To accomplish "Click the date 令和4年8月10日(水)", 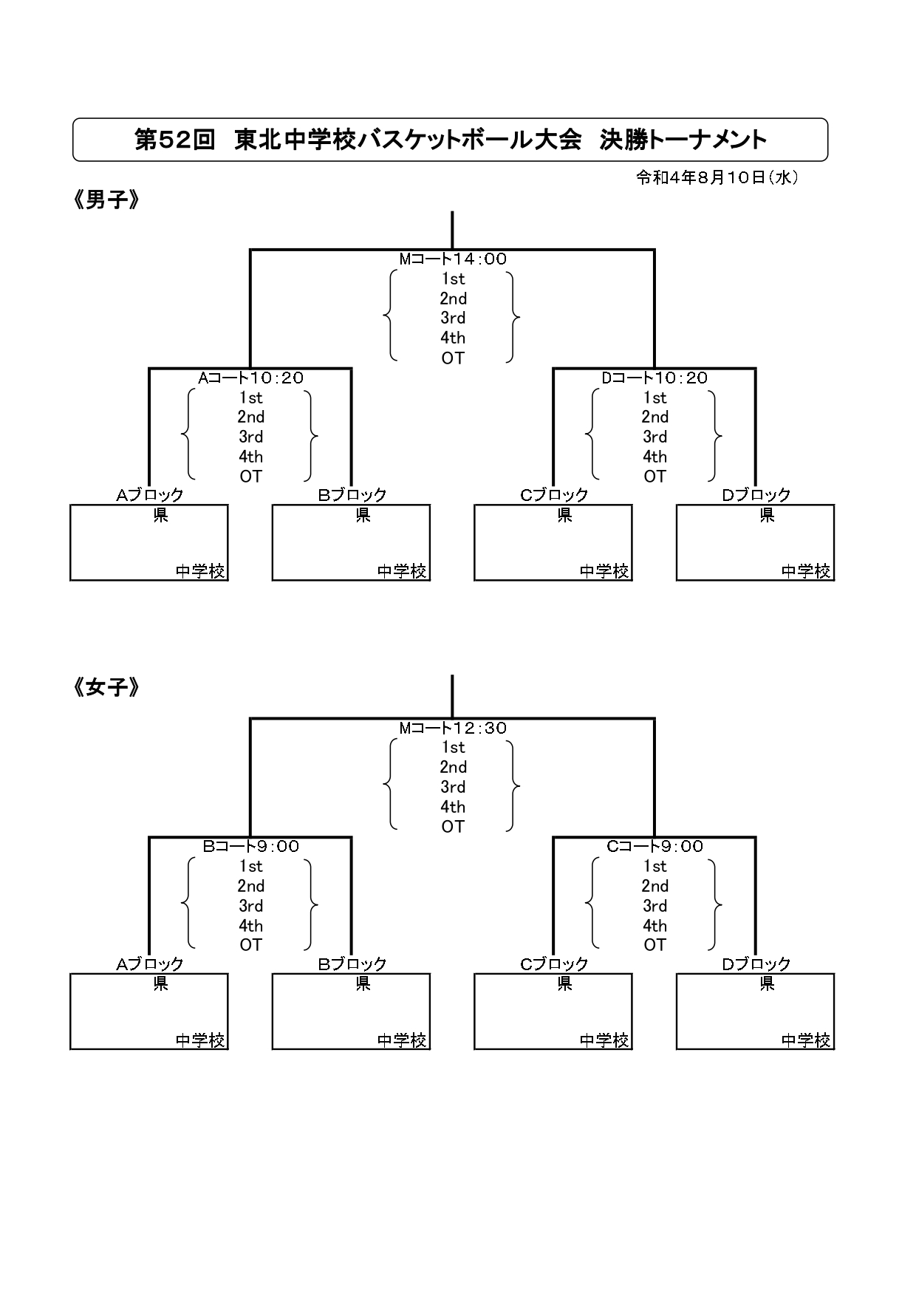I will [x=717, y=177].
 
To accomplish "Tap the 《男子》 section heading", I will [x=106, y=200].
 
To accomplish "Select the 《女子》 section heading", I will [x=106, y=688].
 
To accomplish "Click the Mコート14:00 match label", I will [x=453, y=259].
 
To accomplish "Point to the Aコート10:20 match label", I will [x=250, y=378].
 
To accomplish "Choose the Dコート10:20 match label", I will [x=654, y=378].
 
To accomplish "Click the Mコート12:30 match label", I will [x=453, y=728].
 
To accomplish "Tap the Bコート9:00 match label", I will [x=250, y=846].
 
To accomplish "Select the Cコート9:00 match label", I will [x=654, y=846].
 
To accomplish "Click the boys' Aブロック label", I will [x=149, y=495].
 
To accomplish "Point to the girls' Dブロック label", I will [x=756, y=964].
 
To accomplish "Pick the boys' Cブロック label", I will [x=554, y=495].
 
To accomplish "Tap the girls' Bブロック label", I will [x=352, y=964].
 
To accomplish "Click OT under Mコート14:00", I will [x=453, y=358].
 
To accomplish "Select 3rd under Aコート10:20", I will [x=250, y=437].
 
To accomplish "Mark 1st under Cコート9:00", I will [x=654, y=866].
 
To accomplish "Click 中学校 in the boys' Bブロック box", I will [x=402, y=571].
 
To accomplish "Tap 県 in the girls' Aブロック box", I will [x=160, y=983].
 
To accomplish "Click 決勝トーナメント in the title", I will [x=683, y=140].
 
